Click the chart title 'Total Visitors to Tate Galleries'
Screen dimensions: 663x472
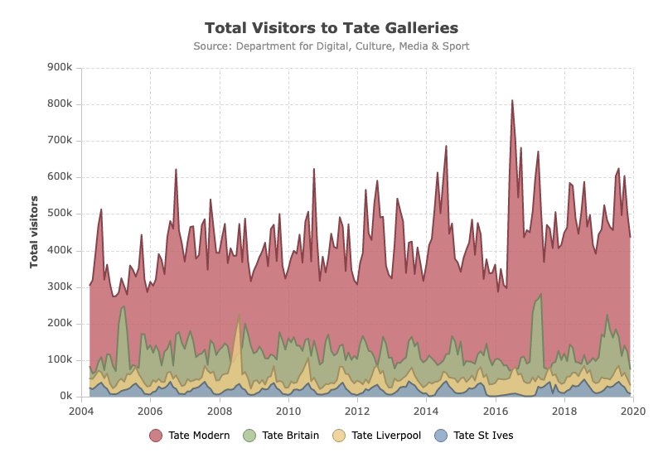331,28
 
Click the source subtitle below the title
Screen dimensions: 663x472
331,46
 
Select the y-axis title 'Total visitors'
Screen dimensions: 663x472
34,232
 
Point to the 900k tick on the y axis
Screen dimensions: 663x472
60,67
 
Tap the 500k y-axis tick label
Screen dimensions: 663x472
60,213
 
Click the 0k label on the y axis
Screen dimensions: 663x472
66,396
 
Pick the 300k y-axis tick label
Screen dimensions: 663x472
60,287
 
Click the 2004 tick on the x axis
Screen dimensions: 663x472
81,412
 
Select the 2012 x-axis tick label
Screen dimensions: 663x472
357,412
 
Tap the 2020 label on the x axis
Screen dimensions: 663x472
633,412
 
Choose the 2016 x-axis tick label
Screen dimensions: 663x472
496,412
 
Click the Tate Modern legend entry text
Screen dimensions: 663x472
199,436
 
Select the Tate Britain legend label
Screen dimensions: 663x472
291,436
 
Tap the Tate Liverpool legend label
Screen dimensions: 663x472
386,436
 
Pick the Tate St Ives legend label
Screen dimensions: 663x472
483,436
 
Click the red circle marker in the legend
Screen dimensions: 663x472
156,436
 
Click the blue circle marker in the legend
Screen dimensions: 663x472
441,436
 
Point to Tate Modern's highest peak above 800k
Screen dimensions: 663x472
512,100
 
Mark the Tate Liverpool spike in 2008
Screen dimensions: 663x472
240,315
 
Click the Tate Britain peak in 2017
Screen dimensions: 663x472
541,294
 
